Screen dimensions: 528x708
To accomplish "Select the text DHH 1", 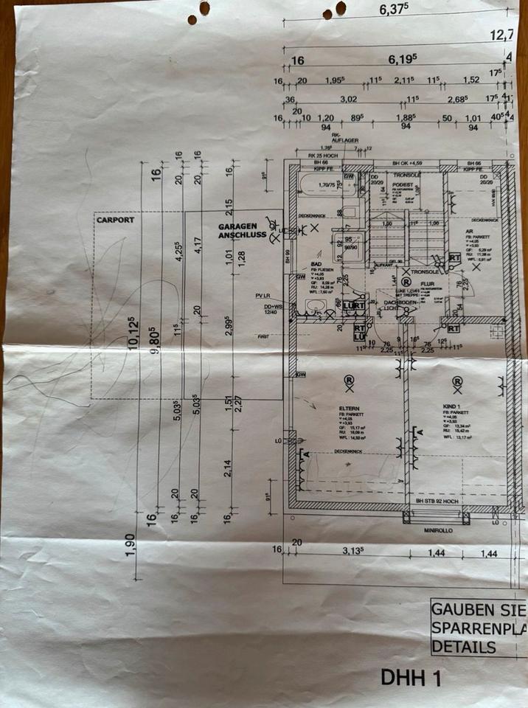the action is (410, 678).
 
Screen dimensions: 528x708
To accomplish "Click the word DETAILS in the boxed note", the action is (464, 647).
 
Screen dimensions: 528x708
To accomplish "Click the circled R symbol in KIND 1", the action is (457, 381).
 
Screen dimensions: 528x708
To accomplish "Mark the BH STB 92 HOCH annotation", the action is (442, 501).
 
